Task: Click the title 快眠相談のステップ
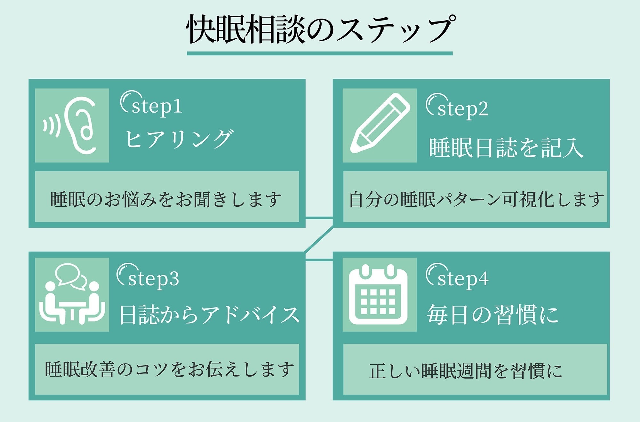tap(320, 29)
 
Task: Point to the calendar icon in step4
tap(378, 295)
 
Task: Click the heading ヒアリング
tap(179, 139)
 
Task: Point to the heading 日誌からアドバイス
tap(209, 315)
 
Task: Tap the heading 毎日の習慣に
tap(493, 315)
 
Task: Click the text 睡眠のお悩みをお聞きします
tap(166, 199)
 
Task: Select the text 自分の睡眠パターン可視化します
tap(476, 199)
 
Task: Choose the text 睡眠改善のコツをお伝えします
tap(169, 369)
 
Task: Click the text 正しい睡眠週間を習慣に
tap(466, 371)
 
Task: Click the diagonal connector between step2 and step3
tap(319, 240)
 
